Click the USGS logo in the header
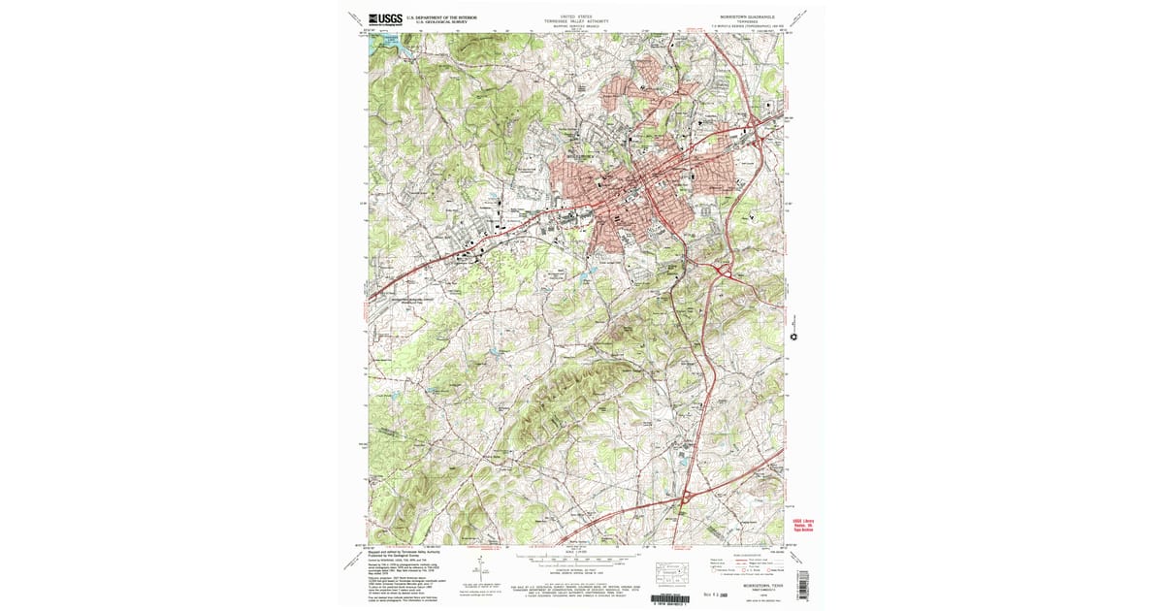386,17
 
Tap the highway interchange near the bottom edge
686,497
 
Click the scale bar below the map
577,559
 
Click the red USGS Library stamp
798,524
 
